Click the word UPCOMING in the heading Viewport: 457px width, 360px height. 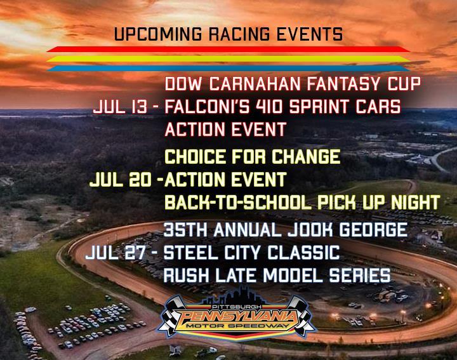157,34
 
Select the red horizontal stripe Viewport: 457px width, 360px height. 228,50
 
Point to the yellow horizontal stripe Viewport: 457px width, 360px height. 228,59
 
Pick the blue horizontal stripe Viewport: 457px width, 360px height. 228,69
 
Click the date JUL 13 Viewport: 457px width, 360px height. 120,107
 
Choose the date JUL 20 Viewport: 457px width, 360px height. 121,179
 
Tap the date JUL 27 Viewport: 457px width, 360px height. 116,253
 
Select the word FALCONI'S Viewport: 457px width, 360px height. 207,107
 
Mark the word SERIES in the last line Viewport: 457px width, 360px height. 360,275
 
